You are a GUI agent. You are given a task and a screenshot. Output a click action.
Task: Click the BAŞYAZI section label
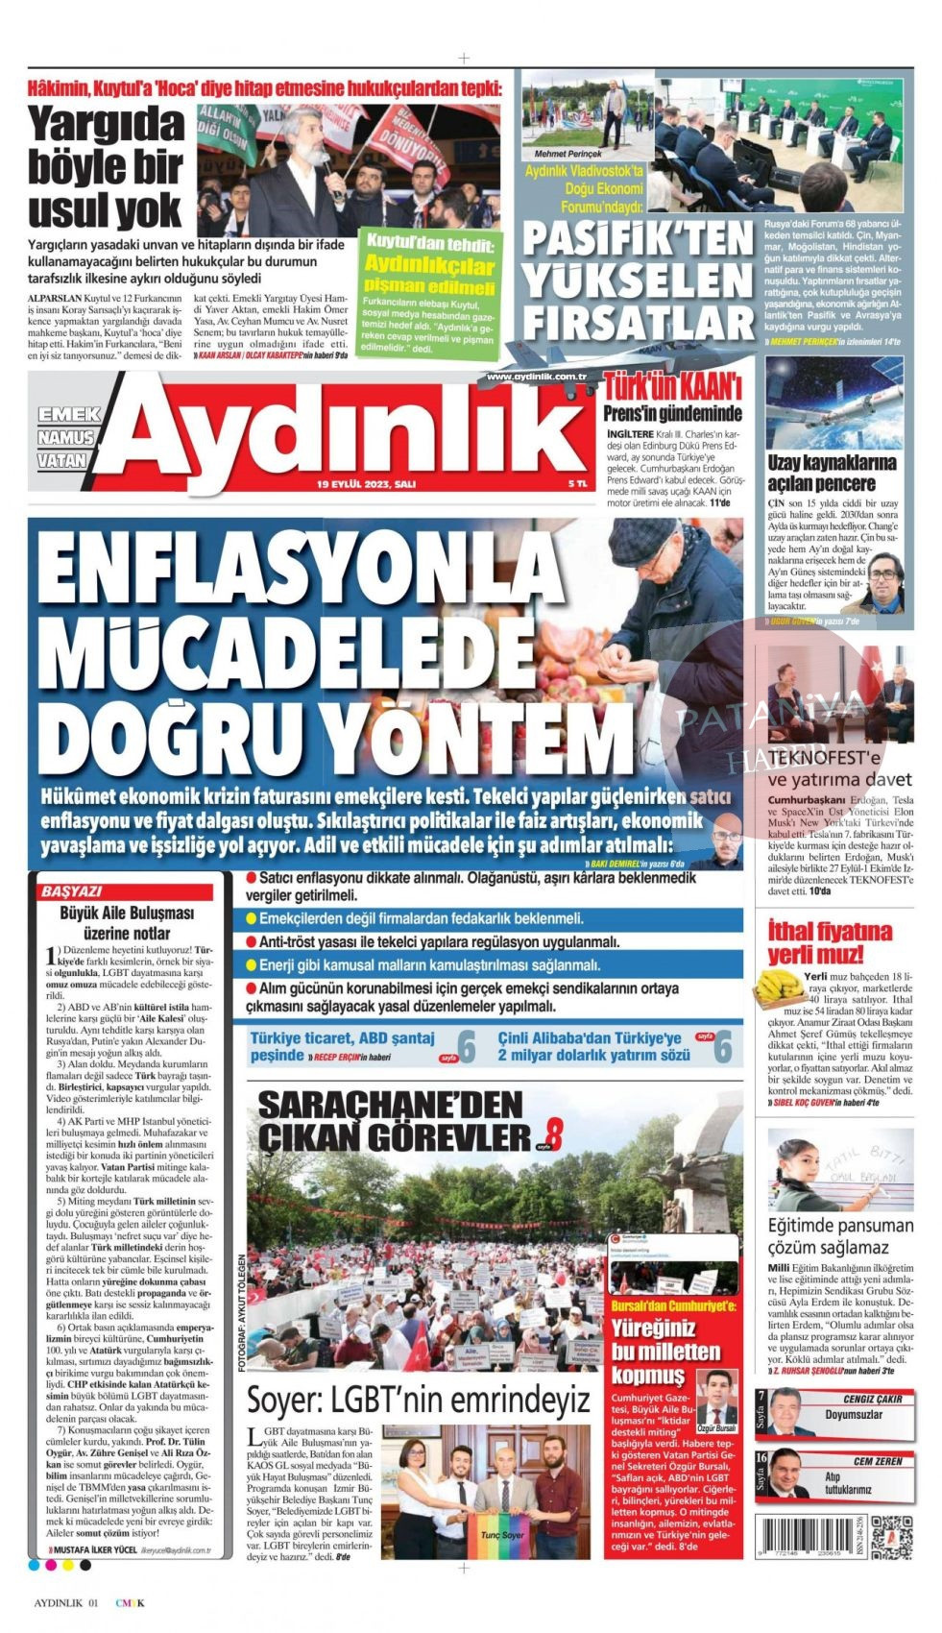point(71,891)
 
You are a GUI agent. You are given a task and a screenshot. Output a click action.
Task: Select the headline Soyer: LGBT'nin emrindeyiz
point(418,1399)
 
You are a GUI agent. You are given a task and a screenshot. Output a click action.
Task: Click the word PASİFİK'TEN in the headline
point(639,237)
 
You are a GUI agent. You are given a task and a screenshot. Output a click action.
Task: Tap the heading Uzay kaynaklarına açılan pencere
point(832,472)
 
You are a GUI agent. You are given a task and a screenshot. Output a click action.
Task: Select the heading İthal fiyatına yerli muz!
point(830,941)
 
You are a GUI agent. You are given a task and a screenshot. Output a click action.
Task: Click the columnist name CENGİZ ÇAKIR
point(872,1400)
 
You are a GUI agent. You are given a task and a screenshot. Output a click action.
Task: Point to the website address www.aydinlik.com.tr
point(537,377)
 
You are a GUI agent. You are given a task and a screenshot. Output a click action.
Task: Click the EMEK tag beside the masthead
point(69,414)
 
